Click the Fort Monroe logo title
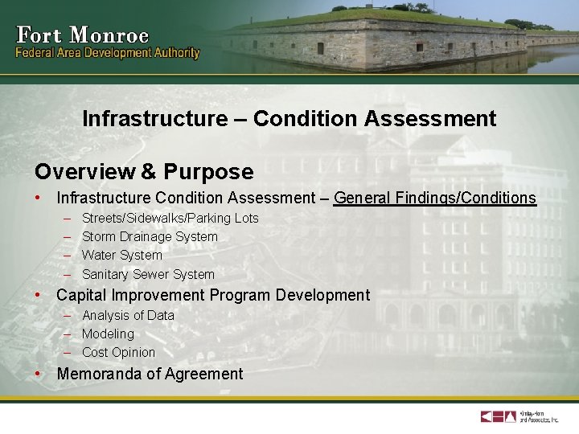(82, 35)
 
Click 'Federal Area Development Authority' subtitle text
(108, 54)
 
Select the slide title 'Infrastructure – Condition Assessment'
(289, 119)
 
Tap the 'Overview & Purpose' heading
(143, 172)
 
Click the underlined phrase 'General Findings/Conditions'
(434, 198)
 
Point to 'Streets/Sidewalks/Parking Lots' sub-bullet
(170, 219)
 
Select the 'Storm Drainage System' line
(150, 237)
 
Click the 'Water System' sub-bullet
(121, 256)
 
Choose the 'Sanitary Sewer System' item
(148, 275)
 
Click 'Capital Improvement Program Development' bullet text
(213, 295)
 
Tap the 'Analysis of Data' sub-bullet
(128, 316)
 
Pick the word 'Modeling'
(108, 334)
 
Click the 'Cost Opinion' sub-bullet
(118, 353)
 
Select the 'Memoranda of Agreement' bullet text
(150, 374)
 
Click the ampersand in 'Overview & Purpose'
(150, 172)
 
